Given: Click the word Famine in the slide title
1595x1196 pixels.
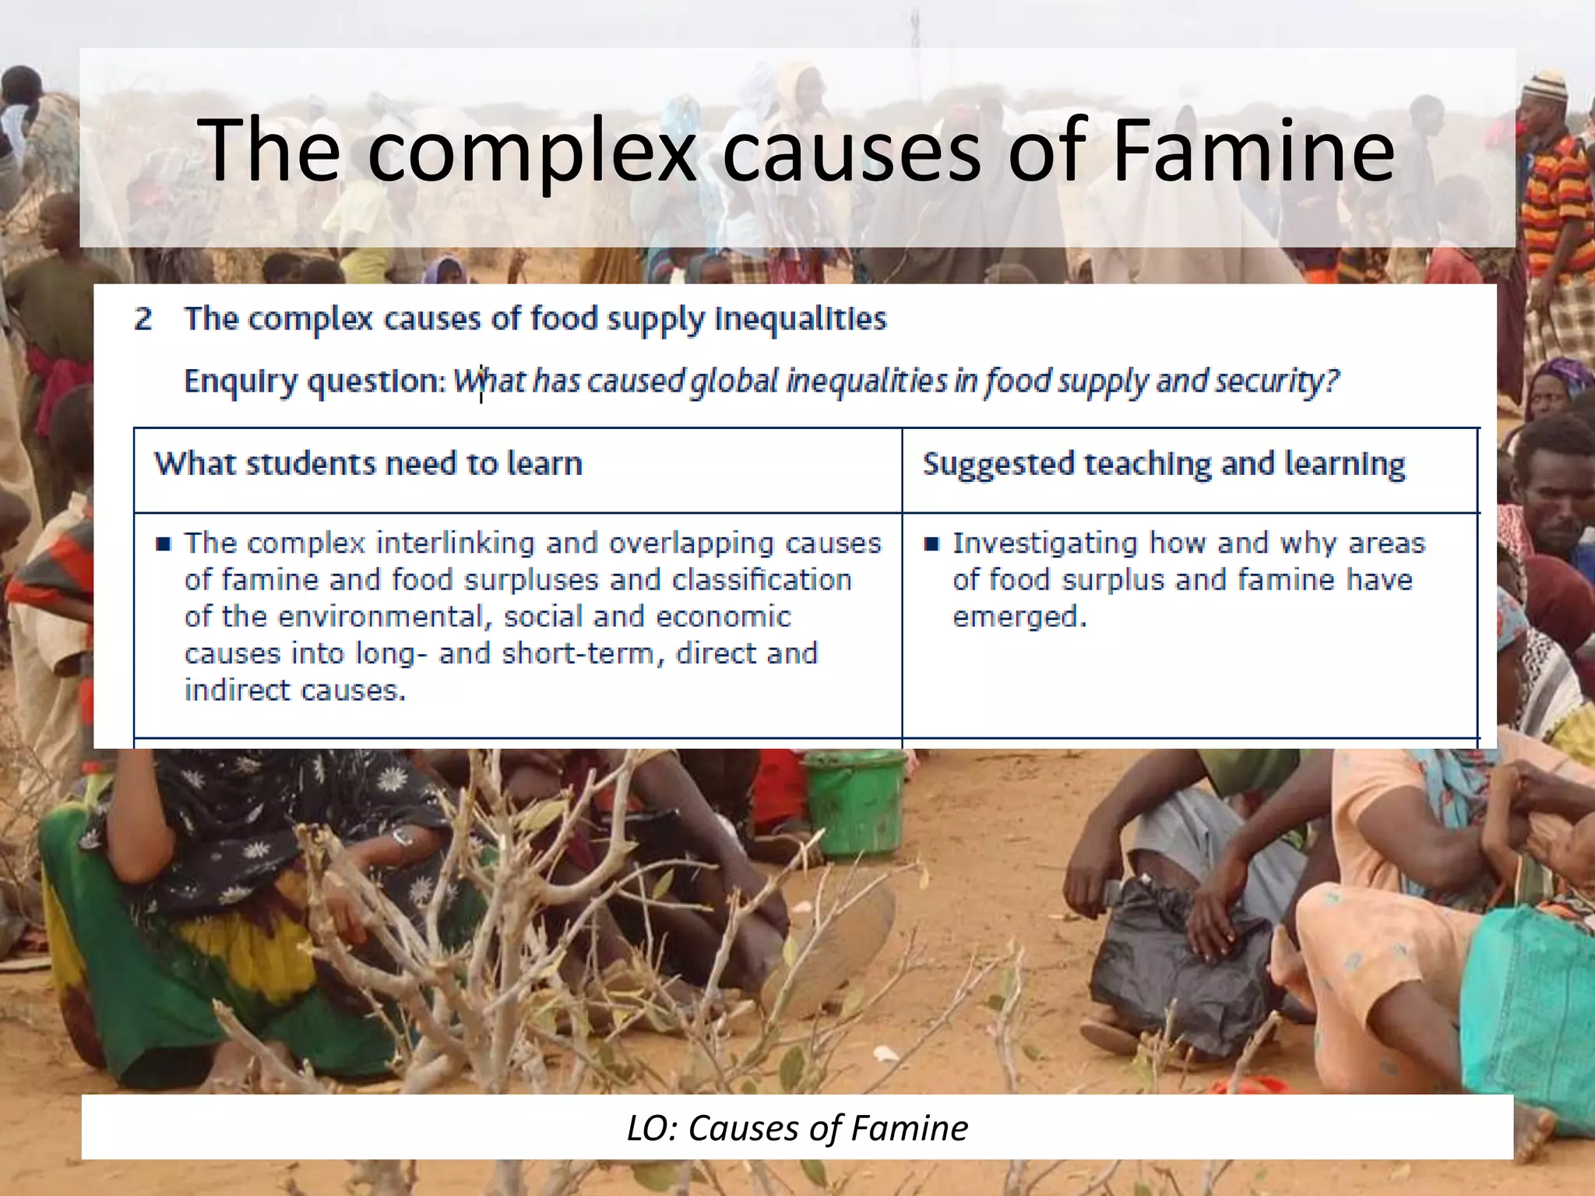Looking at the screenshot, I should pyautogui.click(x=1253, y=150).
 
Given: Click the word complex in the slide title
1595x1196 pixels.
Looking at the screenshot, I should pyautogui.click(x=531, y=152).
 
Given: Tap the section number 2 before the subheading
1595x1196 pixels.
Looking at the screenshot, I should pyautogui.click(x=143, y=319).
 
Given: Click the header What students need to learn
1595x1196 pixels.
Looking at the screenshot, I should pyautogui.click(x=368, y=464).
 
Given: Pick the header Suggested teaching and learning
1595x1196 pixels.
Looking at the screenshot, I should pyautogui.click(x=1164, y=464).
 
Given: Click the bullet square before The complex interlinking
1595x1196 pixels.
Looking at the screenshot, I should pyautogui.click(x=163, y=543).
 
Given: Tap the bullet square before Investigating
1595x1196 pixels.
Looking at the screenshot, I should pyautogui.click(x=931, y=543).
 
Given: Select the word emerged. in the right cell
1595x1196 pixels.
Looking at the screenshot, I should pyautogui.click(x=1019, y=617).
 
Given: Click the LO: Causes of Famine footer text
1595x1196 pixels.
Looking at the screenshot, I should pyautogui.click(x=797, y=1127).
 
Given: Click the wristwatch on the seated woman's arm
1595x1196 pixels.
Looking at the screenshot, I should pyautogui.click(x=403, y=837).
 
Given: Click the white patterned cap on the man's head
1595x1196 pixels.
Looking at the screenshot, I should pyautogui.click(x=1544, y=84).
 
